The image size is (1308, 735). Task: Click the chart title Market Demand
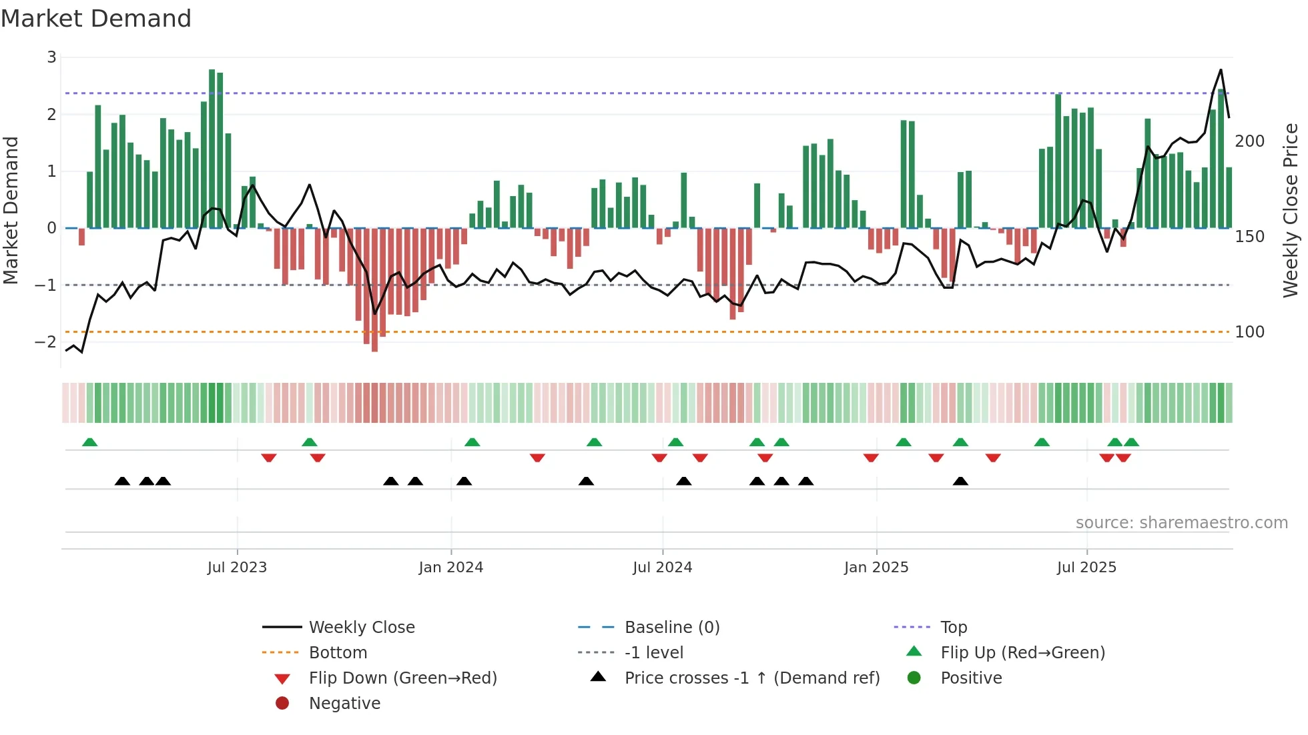[x=96, y=19]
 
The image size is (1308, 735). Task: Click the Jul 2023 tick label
[x=237, y=568]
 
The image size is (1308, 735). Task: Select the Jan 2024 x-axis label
[x=450, y=568]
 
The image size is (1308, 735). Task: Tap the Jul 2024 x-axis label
[x=662, y=568]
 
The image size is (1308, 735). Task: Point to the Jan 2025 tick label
[x=876, y=568]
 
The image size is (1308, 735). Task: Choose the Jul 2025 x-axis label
[x=1086, y=568]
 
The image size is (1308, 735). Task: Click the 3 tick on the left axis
[x=51, y=57]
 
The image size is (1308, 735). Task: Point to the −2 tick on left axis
[x=46, y=342]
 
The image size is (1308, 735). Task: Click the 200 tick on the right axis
[x=1249, y=141]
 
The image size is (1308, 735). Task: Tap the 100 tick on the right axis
[x=1249, y=332]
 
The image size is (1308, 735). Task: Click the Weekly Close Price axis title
[x=1291, y=210]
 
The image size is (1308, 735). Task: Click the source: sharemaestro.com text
[x=1181, y=523]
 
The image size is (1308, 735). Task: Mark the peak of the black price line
[x=1221, y=69]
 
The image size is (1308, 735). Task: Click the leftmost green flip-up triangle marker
[x=90, y=442]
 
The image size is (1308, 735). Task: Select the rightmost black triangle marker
[x=960, y=482]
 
